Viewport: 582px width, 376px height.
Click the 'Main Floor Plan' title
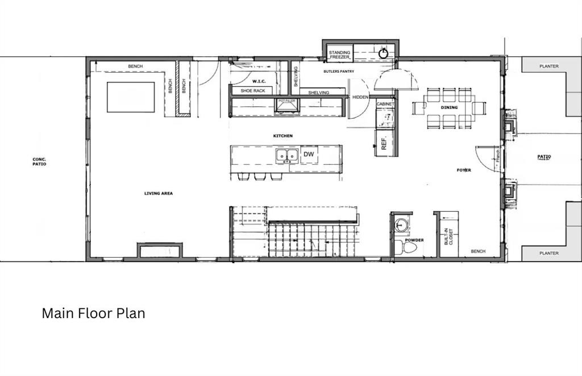pyautogui.click(x=93, y=313)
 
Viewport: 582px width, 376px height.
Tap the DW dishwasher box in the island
pyautogui.click(x=309, y=154)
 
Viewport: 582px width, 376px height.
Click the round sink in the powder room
pyautogui.click(x=402, y=224)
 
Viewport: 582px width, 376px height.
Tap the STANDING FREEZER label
pyautogui.click(x=340, y=55)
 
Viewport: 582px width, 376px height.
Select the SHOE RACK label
pyautogui.click(x=252, y=90)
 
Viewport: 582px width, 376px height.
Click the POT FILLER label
pyautogui.click(x=287, y=100)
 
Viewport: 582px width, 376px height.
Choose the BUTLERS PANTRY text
pyautogui.click(x=339, y=72)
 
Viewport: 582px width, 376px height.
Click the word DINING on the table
pyautogui.click(x=449, y=107)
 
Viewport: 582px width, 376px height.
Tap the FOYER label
pyautogui.click(x=464, y=170)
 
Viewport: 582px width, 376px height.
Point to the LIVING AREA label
pyautogui.click(x=158, y=193)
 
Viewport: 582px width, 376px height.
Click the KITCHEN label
pyautogui.click(x=282, y=136)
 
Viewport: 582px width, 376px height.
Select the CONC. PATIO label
pyautogui.click(x=39, y=161)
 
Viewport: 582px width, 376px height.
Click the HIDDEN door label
pyautogui.click(x=360, y=97)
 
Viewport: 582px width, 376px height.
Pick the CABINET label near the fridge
pyautogui.click(x=385, y=105)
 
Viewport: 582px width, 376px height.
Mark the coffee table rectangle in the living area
pyautogui.click(x=131, y=97)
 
